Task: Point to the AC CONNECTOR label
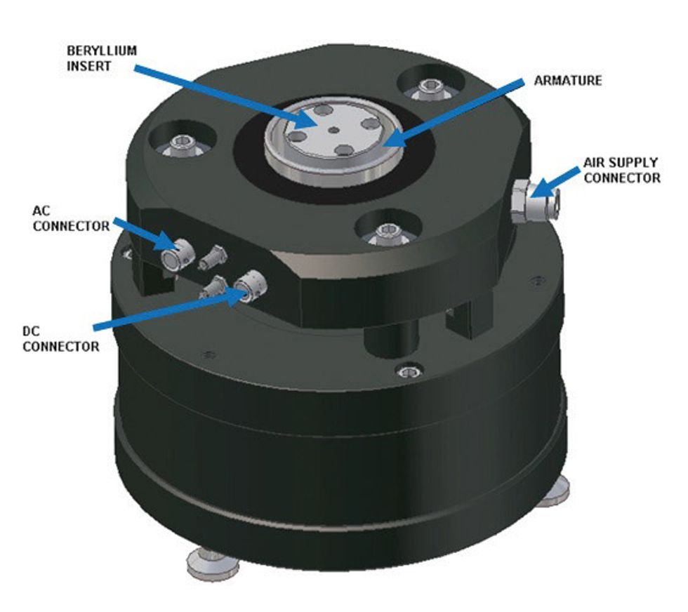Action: point(70,218)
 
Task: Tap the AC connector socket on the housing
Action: point(173,259)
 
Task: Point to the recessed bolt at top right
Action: point(428,88)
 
